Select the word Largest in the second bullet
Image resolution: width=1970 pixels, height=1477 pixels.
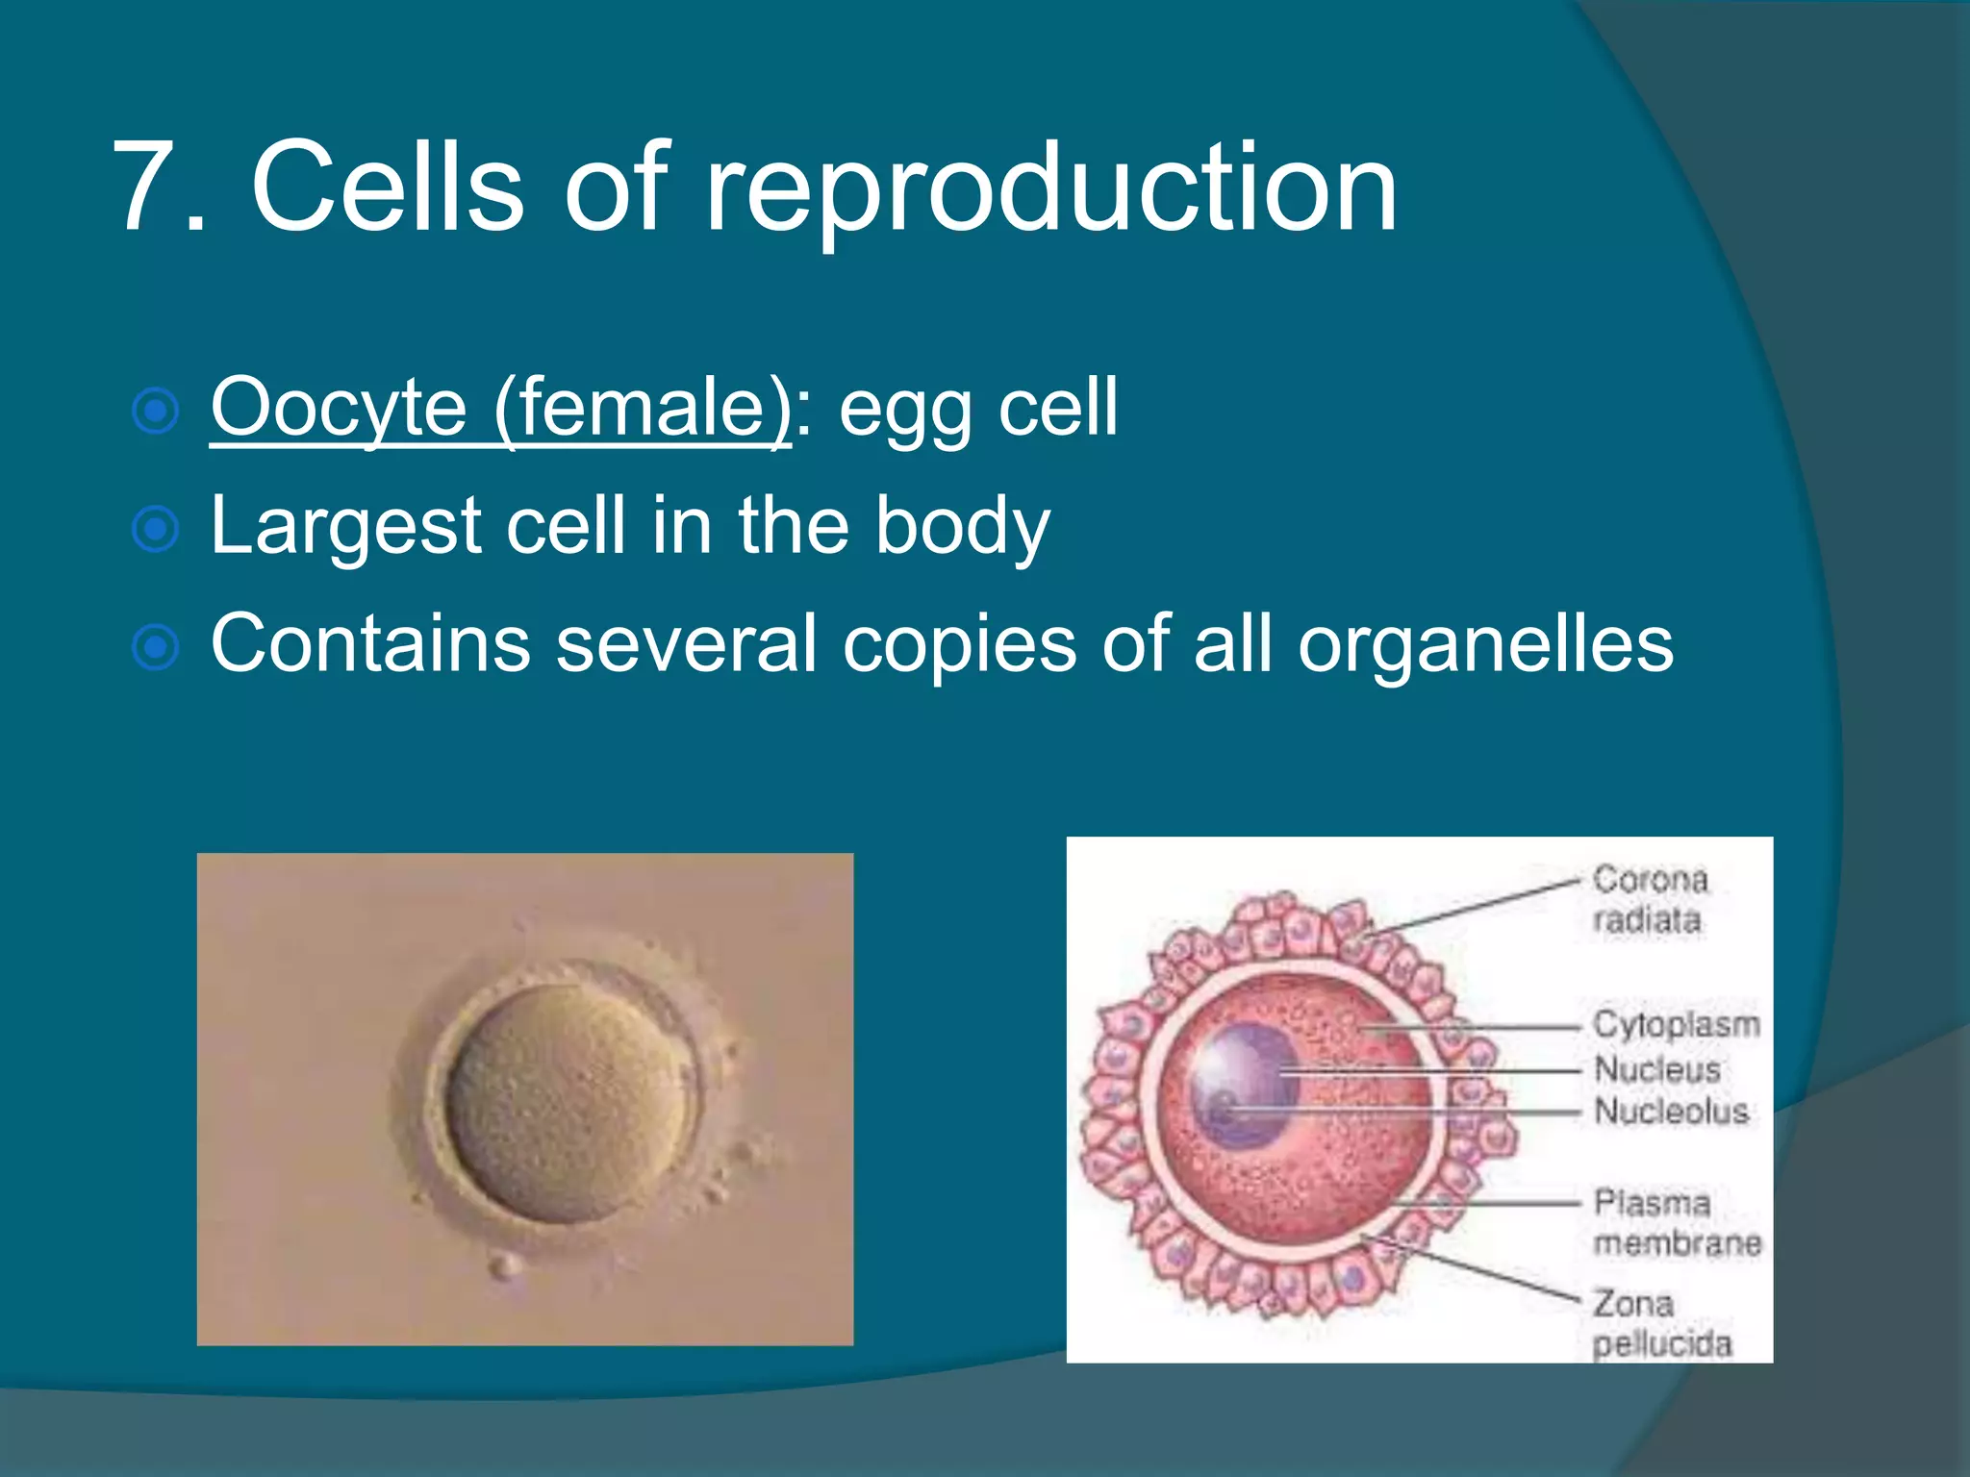[344, 526]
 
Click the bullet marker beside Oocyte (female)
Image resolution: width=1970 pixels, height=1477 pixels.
[155, 412]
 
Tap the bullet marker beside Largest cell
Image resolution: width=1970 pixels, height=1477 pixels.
[155, 530]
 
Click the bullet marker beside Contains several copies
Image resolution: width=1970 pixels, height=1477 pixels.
[155, 648]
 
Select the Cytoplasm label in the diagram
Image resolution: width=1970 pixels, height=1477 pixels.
[1676, 1025]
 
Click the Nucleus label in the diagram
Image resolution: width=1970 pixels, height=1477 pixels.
[1656, 1069]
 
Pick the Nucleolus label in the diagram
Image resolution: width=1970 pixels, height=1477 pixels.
[1671, 1112]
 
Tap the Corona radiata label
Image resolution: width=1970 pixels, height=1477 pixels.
[1649, 899]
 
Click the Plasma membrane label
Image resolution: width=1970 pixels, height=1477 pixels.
[1676, 1223]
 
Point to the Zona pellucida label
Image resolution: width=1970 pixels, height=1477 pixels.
[1660, 1324]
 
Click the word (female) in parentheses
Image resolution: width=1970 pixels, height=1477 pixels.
[643, 408]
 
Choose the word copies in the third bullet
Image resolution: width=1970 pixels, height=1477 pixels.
[959, 644]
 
